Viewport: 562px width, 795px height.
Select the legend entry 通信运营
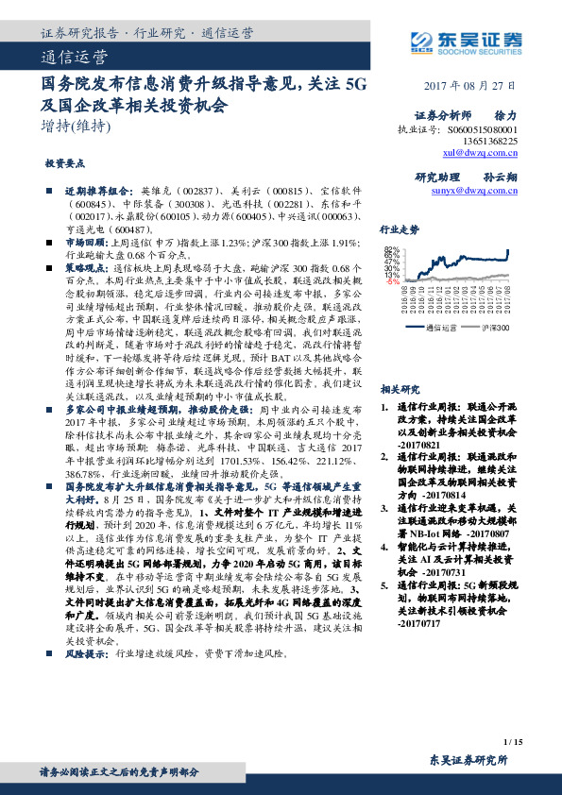click(x=440, y=328)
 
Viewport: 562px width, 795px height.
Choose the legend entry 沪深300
click(x=494, y=328)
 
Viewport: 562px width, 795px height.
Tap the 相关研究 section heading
click(x=425, y=388)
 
